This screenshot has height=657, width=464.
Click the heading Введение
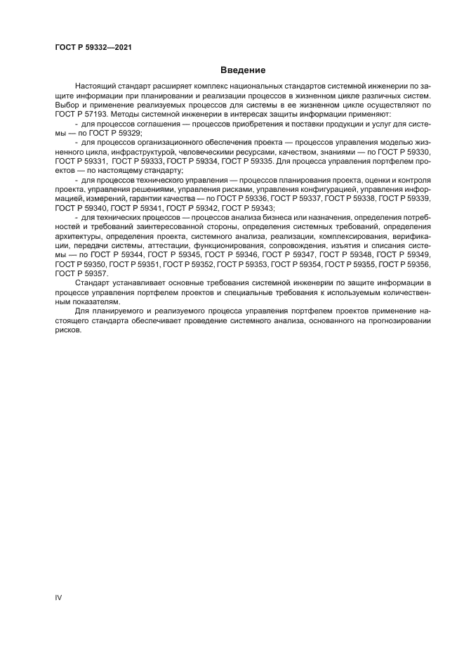click(242, 70)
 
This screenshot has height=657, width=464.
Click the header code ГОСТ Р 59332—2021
click(93, 47)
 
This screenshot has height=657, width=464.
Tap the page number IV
click(58, 597)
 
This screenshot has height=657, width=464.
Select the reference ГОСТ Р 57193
click(79, 113)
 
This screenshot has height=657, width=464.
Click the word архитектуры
click(79, 236)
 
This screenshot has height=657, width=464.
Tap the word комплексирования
click(339, 236)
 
